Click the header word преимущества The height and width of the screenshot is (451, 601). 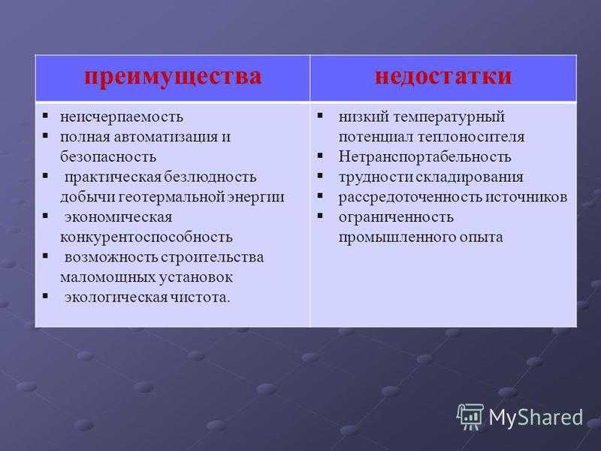[x=173, y=77]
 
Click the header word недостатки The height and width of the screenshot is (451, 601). [x=443, y=76]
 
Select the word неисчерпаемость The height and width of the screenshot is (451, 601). [x=122, y=117]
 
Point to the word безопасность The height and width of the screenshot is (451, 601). [x=108, y=157]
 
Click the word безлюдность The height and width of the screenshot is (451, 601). [x=210, y=177]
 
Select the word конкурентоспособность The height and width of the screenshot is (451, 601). [x=146, y=238]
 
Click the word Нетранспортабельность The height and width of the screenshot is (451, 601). [x=424, y=157]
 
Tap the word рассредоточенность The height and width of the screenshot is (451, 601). [x=410, y=197]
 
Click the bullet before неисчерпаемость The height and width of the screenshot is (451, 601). [x=45, y=116]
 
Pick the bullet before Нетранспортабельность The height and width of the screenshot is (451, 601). [x=321, y=156]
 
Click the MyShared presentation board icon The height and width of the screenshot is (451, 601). [x=470, y=416]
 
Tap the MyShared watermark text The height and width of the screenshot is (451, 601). [x=536, y=418]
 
